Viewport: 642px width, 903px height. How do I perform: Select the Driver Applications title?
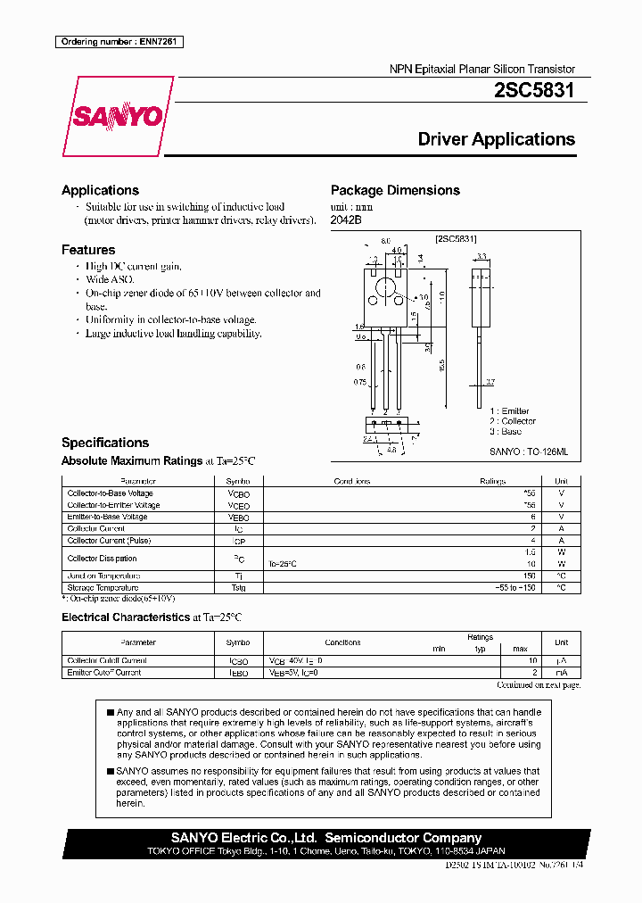click(497, 139)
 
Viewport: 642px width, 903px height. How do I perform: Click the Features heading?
click(88, 250)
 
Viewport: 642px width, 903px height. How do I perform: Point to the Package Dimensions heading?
click(395, 190)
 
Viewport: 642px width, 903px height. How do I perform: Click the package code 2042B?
click(346, 220)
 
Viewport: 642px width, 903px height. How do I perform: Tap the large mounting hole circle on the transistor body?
click(385, 288)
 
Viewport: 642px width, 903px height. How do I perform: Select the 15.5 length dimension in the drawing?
click(441, 365)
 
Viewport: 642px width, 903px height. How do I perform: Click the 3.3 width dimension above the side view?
click(481, 256)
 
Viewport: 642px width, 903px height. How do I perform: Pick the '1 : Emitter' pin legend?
click(508, 410)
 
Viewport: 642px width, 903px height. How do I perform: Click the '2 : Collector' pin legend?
click(512, 420)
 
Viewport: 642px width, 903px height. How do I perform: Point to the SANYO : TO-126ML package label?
click(528, 452)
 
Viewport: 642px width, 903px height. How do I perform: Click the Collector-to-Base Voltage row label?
click(111, 493)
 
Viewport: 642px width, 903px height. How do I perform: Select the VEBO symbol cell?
click(239, 517)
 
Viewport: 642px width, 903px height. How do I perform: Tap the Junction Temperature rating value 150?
click(529, 576)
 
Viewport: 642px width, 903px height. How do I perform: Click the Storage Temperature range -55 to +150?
click(516, 588)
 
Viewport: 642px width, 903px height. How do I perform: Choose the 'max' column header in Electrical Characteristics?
click(521, 649)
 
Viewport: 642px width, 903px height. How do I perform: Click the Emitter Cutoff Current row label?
click(104, 672)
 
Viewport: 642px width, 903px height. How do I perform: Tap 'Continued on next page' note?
click(539, 684)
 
